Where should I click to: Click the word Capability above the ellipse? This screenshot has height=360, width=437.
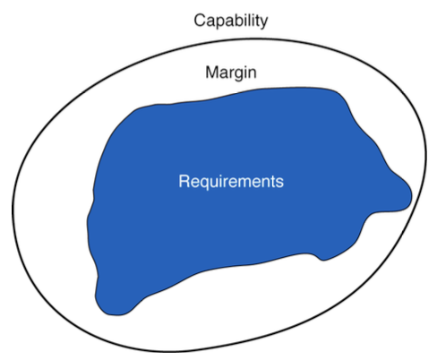coord(231,21)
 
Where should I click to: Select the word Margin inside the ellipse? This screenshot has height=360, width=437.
coord(231,73)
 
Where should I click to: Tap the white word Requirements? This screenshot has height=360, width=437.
coord(231,182)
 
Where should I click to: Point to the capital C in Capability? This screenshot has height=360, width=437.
coord(199,21)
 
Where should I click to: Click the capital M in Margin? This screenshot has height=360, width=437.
coord(211,72)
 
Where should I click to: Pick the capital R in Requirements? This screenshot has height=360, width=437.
coord(184,181)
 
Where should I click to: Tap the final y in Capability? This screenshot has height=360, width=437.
coord(264,22)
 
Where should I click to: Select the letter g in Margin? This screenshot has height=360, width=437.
coord(239,75)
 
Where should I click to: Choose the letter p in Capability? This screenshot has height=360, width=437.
coord(220,22)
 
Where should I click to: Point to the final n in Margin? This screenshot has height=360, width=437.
coord(253,73)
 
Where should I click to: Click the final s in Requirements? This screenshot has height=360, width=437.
coord(280,183)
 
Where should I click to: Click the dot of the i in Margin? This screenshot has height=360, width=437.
coord(246,67)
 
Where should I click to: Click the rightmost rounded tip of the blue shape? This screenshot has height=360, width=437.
coord(411,196)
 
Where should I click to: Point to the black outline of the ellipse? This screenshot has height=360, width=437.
coord(12,209)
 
